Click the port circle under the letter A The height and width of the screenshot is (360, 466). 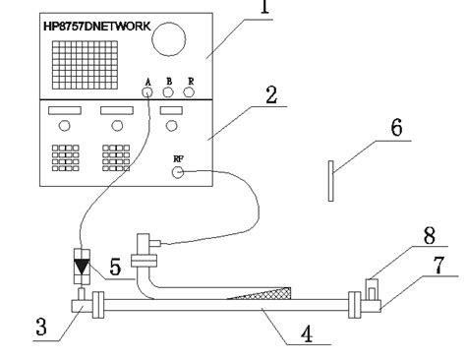(x=148, y=92)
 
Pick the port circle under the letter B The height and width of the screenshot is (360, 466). (x=168, y=92)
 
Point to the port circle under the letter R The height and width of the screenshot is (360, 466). (x=189, y=92)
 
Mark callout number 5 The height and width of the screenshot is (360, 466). (x=115, y=266)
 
